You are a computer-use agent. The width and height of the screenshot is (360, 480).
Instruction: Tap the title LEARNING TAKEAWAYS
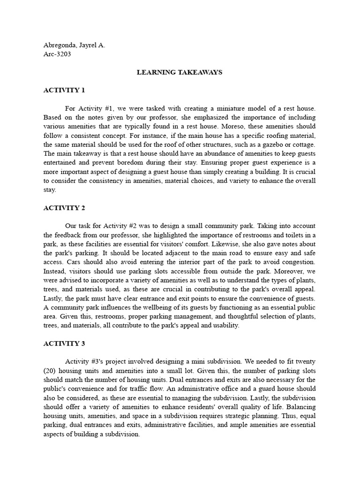click(x=179, y=72)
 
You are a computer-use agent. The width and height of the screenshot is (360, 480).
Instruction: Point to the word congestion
click(x=299, y=262)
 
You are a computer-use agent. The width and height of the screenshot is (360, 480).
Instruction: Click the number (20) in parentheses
click(x=50, y=371)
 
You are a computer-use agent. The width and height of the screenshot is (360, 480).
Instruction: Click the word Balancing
click(x=300, y=407)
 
